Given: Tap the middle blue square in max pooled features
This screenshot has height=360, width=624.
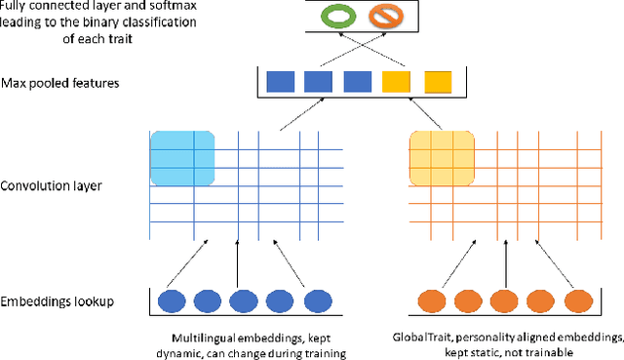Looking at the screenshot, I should [319, 83].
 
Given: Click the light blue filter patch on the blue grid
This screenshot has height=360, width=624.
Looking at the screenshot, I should [181, 151].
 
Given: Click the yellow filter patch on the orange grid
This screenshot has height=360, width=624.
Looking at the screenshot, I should [441, 151].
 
